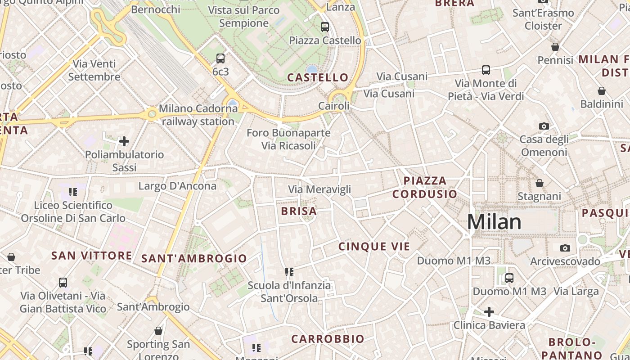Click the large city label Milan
(x=494, y=222)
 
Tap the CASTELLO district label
(x=318, y=77)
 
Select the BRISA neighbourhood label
(x=299, y=211)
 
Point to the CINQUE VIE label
(x=374, y=247)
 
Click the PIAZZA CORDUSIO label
(x=425, y=187)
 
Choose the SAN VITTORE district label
(x=91, y=256)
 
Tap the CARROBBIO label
(x=328, y=339)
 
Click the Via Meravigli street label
(x=319, y=189)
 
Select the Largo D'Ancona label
(x=177, y=186)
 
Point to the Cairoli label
(x=333, y=106)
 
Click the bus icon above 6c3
(x=220, y=58)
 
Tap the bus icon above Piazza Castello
(x=325, y=27)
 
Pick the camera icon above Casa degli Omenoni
(x=544, y=126)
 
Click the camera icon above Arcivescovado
(x=565, y=248)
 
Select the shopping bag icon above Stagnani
(x=539, y=183)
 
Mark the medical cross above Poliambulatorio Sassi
(x=124, y=142)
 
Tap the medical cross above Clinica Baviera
(x=489, y=311)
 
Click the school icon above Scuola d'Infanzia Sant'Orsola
(x=289, y=272)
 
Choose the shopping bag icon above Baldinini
(x=601, y=91)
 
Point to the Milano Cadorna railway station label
(x=198, y=115)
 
